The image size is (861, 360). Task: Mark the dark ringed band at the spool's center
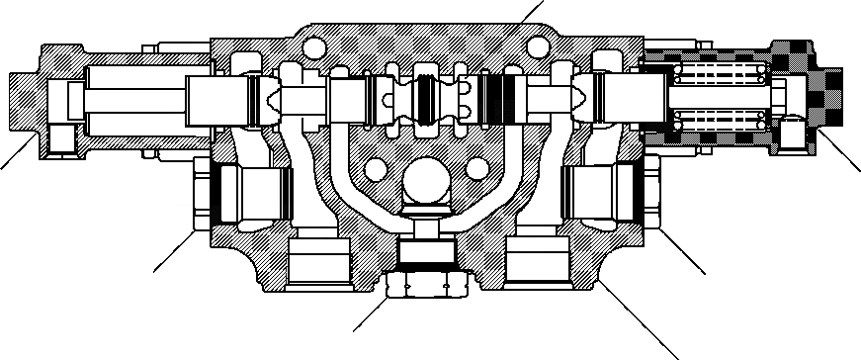(428, 100)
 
